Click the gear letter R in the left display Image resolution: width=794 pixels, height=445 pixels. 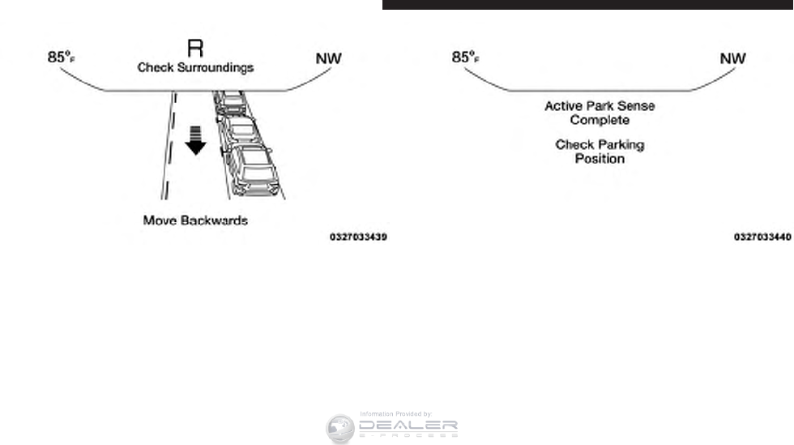click(x=195, y=49)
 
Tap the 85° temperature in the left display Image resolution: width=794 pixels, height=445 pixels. click(x=62, y=58)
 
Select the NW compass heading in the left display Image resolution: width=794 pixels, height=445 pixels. click(x=328, y=58)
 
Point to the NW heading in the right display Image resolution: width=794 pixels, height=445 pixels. click(x=732, y=58)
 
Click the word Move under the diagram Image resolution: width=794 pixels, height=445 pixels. click(x=160, y=220)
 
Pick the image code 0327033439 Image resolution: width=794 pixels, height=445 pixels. click(x=357, y=237)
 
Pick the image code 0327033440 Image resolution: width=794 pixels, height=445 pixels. click(x=762, y=237)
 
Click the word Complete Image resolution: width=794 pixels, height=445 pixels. click(x=600, y=121)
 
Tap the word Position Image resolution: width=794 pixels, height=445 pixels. click(x=600, y=159)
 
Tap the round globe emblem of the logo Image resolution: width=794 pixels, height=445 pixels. click(x=340, y=429)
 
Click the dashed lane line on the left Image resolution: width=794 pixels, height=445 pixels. click(x=169, y=146)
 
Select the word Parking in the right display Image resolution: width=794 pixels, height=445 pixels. click(x=618, y=145)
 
